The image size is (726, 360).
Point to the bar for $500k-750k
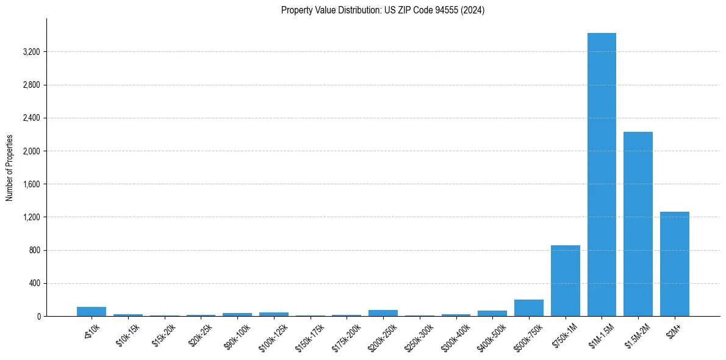529,308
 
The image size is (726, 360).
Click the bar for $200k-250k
383,313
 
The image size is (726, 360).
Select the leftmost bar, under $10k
92,311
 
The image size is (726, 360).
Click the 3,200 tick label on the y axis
31,52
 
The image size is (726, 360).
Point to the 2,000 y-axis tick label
31,151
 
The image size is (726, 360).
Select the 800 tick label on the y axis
34,250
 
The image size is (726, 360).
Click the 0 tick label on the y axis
38,317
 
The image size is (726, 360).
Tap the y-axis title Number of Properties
9,168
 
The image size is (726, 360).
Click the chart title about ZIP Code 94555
383,10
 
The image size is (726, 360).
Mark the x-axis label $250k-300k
419,335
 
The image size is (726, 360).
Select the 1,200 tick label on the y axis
31,217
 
